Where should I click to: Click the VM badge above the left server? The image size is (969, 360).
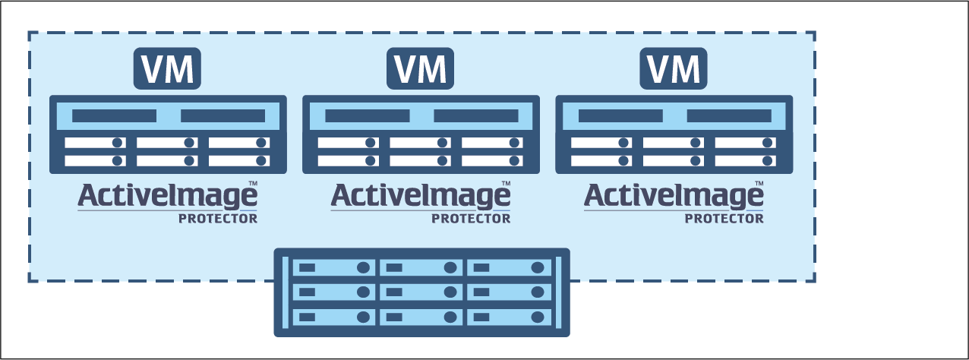(167, 69)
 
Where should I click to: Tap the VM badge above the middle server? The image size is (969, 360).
(420, 69)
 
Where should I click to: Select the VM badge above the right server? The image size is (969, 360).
(674, 69)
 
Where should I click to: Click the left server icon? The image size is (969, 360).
(168, 134)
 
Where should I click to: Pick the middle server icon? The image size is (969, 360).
(421, 134)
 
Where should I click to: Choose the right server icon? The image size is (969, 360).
(674, 134)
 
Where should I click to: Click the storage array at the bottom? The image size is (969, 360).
(421, 292)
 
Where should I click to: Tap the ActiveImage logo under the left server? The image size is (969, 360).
(167, 197)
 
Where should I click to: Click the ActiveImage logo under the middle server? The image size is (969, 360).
(420, 197)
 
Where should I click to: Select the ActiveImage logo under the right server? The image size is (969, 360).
(674, 197)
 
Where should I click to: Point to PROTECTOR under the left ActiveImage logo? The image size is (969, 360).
(218, 219)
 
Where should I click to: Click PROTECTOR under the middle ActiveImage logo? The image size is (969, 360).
(471, 219)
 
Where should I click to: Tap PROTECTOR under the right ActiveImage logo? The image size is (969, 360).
(724, 219)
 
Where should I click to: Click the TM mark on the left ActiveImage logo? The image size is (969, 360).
(253, 184)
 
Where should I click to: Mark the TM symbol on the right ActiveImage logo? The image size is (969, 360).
(759, 184)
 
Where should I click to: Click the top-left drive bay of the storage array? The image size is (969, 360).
(335, 267)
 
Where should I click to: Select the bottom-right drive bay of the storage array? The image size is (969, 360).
(510, 316)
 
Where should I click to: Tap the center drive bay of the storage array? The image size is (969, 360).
(422, 292)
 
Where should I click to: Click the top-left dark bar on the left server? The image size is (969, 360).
(114, 116)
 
